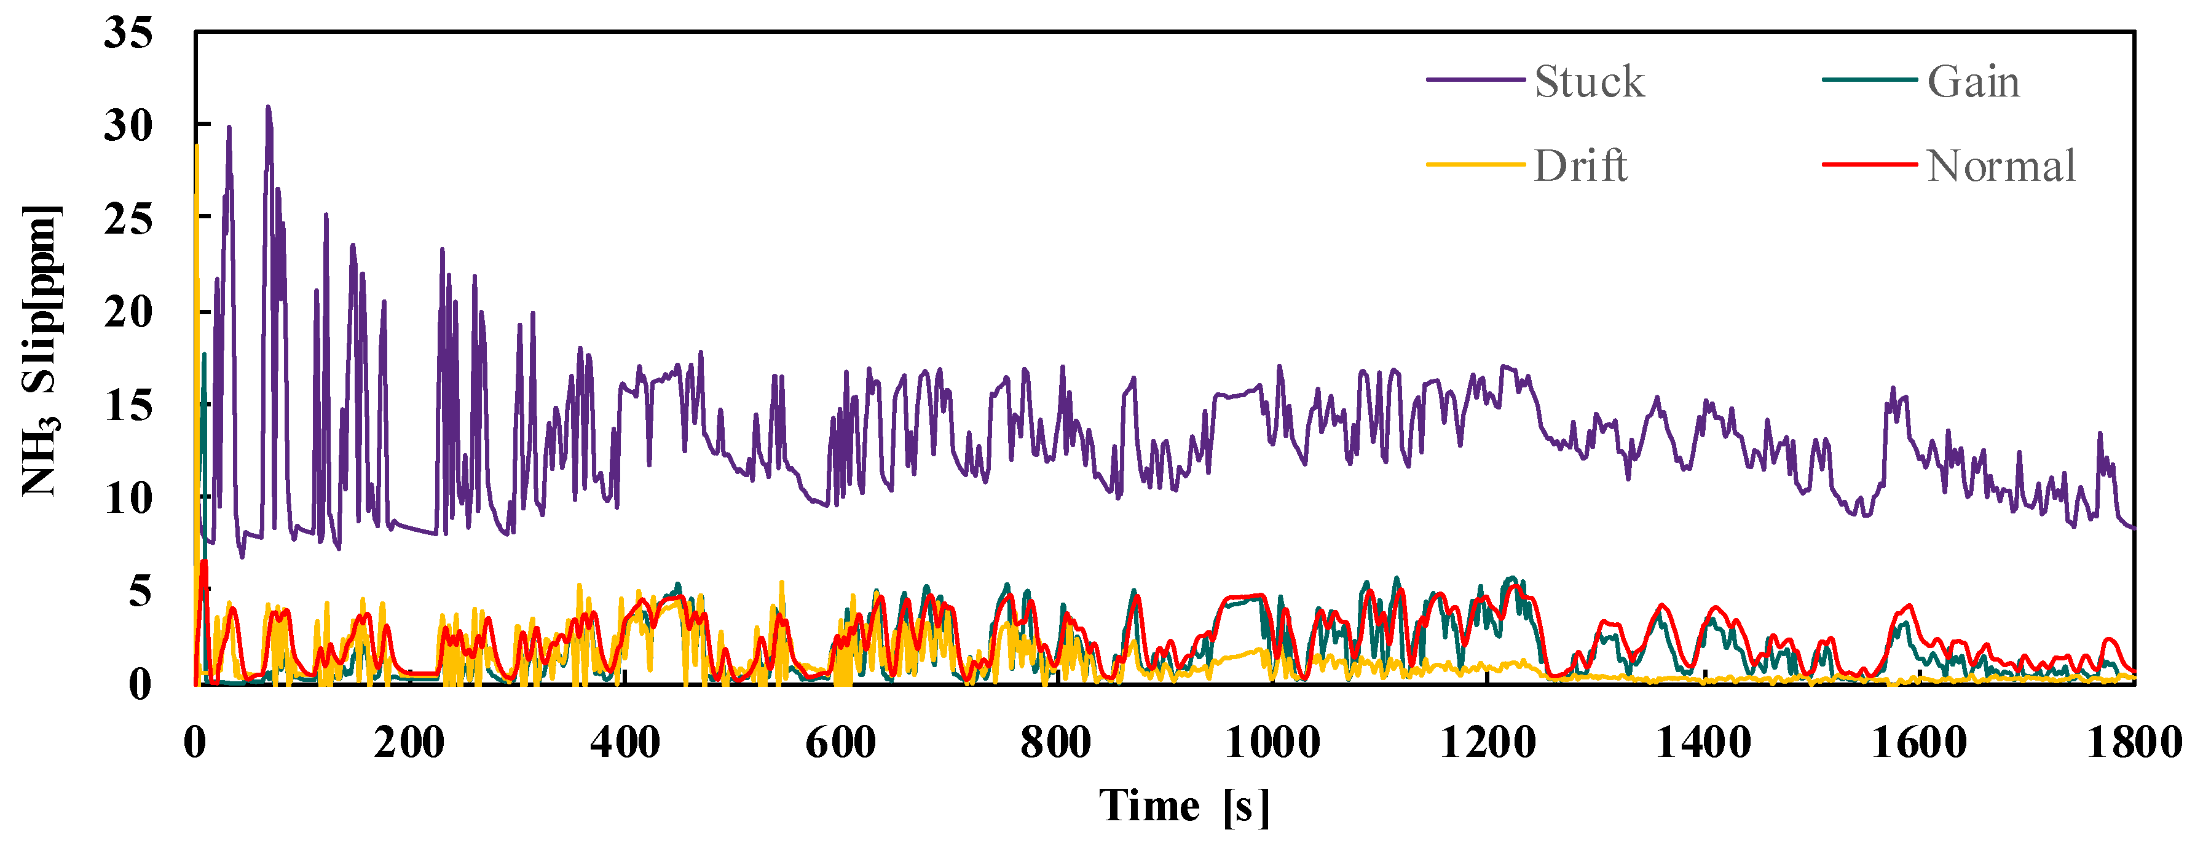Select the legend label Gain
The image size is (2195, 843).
point(1974,82)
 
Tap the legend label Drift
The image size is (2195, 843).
point(1581,165)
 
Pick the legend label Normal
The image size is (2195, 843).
point(2001,165)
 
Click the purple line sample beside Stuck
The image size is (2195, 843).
point(1475,79)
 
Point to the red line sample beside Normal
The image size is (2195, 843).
point(1869,164)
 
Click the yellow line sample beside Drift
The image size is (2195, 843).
point(1475,164)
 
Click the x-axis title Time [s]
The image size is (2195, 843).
point(1184,805)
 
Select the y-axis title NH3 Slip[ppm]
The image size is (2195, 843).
point(40,349)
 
